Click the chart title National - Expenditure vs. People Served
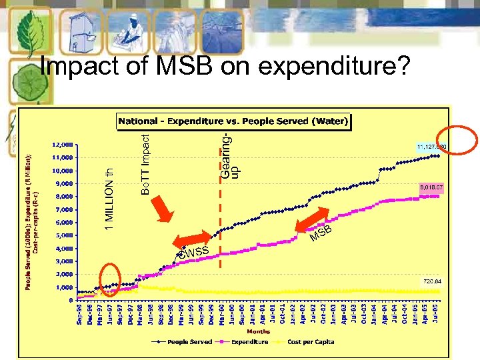pos(233,121)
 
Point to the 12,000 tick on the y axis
pos(63,145)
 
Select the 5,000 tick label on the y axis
pos(65,235)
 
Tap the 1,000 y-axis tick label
pos(65,287)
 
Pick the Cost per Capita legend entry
pos(311,342)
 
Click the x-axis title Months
pos(259,331)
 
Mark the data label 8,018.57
pos(431,188)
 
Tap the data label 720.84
pos(431,281)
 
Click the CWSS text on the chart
pos(193,251)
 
